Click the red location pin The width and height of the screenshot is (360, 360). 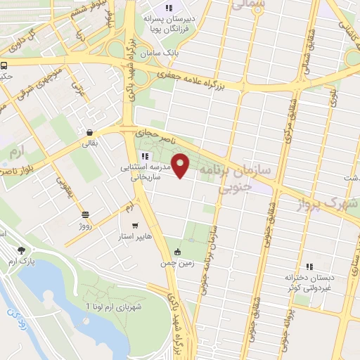coord(181,165)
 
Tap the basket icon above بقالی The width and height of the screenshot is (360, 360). coord(90,132)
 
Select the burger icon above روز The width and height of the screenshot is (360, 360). coord(85,215)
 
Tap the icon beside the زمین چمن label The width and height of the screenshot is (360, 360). coord(177,252)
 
